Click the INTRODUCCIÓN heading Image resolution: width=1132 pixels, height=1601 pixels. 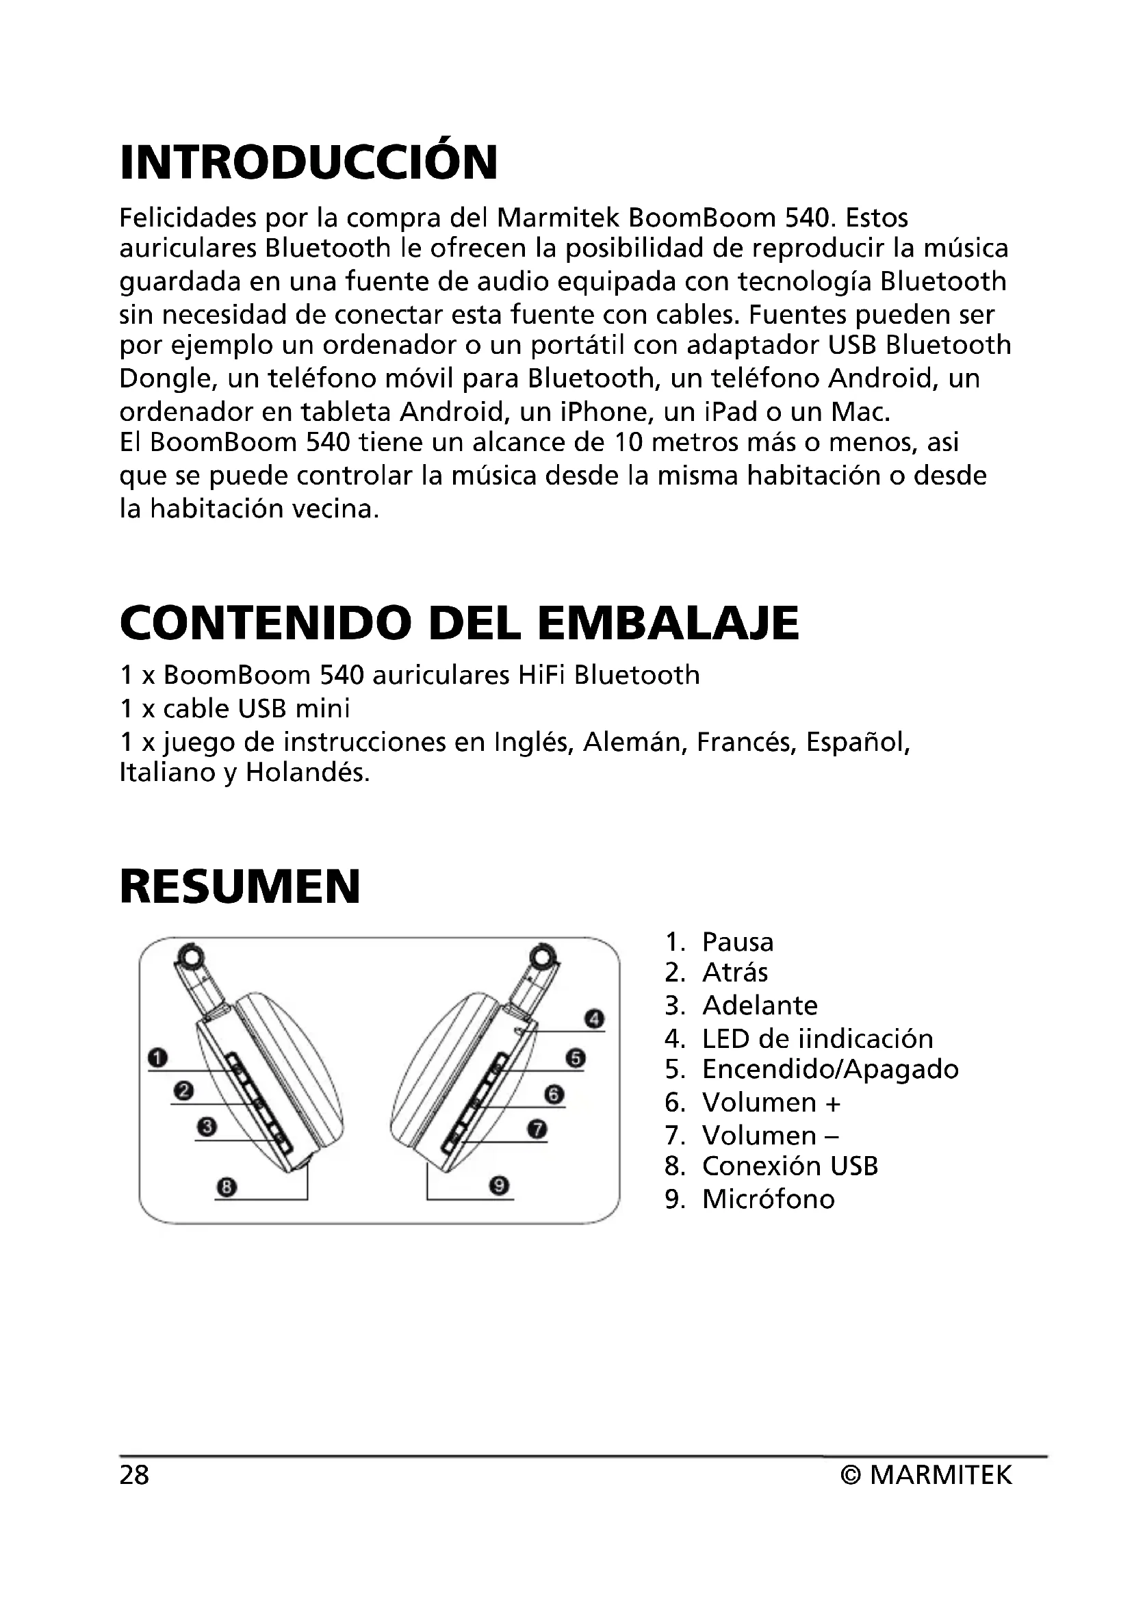click(x=309, y=162)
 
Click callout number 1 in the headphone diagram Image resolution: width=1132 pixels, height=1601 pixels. click(x=158, y=1058)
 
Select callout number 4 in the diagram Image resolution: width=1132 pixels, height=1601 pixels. click(x=594, y=1019)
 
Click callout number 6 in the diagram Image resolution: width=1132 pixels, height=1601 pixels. click(x=554, y=1094)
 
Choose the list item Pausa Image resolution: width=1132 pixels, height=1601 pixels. click(x=738, y=942)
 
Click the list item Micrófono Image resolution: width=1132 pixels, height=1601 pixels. click(x=768, y=1199)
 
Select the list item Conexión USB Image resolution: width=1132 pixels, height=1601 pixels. click(x=790, y=1165)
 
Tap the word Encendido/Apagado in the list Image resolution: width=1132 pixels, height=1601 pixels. click(x=830, y=1069)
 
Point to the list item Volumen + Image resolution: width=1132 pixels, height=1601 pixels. click(x=771, y=1103)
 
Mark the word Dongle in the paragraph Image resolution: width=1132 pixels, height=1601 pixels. click(x=164, y=379)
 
